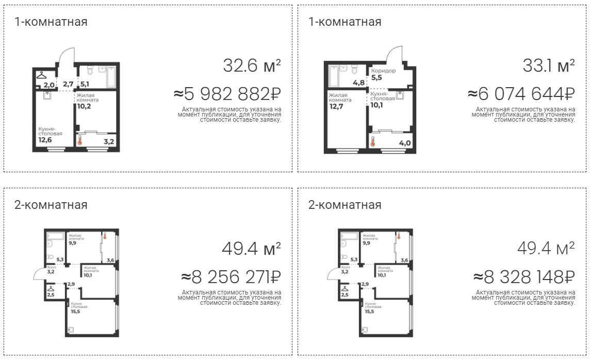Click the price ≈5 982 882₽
point(227,94)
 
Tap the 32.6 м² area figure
point(252,66)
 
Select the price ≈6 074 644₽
point(521,94)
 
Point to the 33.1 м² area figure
point(549,66)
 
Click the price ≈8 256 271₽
point(231,277)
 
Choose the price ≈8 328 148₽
point(524,277)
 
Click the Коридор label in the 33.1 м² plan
point(383,70)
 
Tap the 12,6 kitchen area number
point(45,140)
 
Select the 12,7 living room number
point(336,106)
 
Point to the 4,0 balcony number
point(405,143)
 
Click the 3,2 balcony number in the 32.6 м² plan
point(109,142)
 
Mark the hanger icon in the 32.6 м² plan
point(41,75)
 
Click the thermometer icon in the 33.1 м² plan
point(373,141)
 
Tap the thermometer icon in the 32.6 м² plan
point(79,141)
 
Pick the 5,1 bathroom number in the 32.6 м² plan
point(84,84)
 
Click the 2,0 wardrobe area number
point(49,85)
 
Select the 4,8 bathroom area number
point(358,83)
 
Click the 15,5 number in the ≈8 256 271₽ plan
point(75,312)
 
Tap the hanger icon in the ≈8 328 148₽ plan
point(345,288)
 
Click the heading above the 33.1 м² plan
point(345,22)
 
